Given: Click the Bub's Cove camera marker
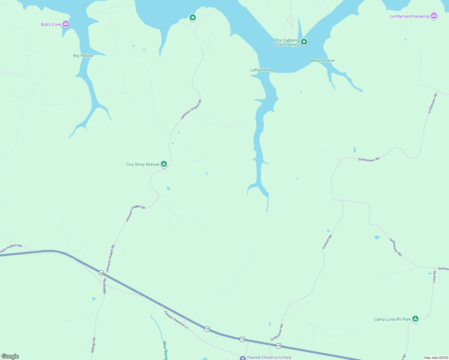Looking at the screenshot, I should coord(66,24).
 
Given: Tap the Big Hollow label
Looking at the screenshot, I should coord(83,55).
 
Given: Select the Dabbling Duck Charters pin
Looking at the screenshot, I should coord(304,42).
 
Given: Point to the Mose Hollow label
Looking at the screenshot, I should coord(322,60).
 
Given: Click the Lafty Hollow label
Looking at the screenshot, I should coord(262,70).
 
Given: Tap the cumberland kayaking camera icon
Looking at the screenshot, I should coord(434,16).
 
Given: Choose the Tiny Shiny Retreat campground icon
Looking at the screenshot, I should coord(164,164).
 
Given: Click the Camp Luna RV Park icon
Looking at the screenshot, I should coord(415,319).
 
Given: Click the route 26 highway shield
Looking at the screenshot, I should coord(101,273).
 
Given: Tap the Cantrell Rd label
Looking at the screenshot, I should coord(327,242).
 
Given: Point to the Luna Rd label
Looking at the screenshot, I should coord(434,277).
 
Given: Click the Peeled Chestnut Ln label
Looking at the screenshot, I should coord(176,320).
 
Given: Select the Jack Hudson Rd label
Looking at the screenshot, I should coord(11,248).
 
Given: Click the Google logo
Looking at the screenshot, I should coord(10,356).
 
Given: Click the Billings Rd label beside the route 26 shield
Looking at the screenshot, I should coord(105,286).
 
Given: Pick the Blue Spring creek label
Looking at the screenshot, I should coord(165,350).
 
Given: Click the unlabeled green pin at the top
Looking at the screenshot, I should coord(193,18).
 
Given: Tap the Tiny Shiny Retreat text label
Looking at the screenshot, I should coord(143,164).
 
